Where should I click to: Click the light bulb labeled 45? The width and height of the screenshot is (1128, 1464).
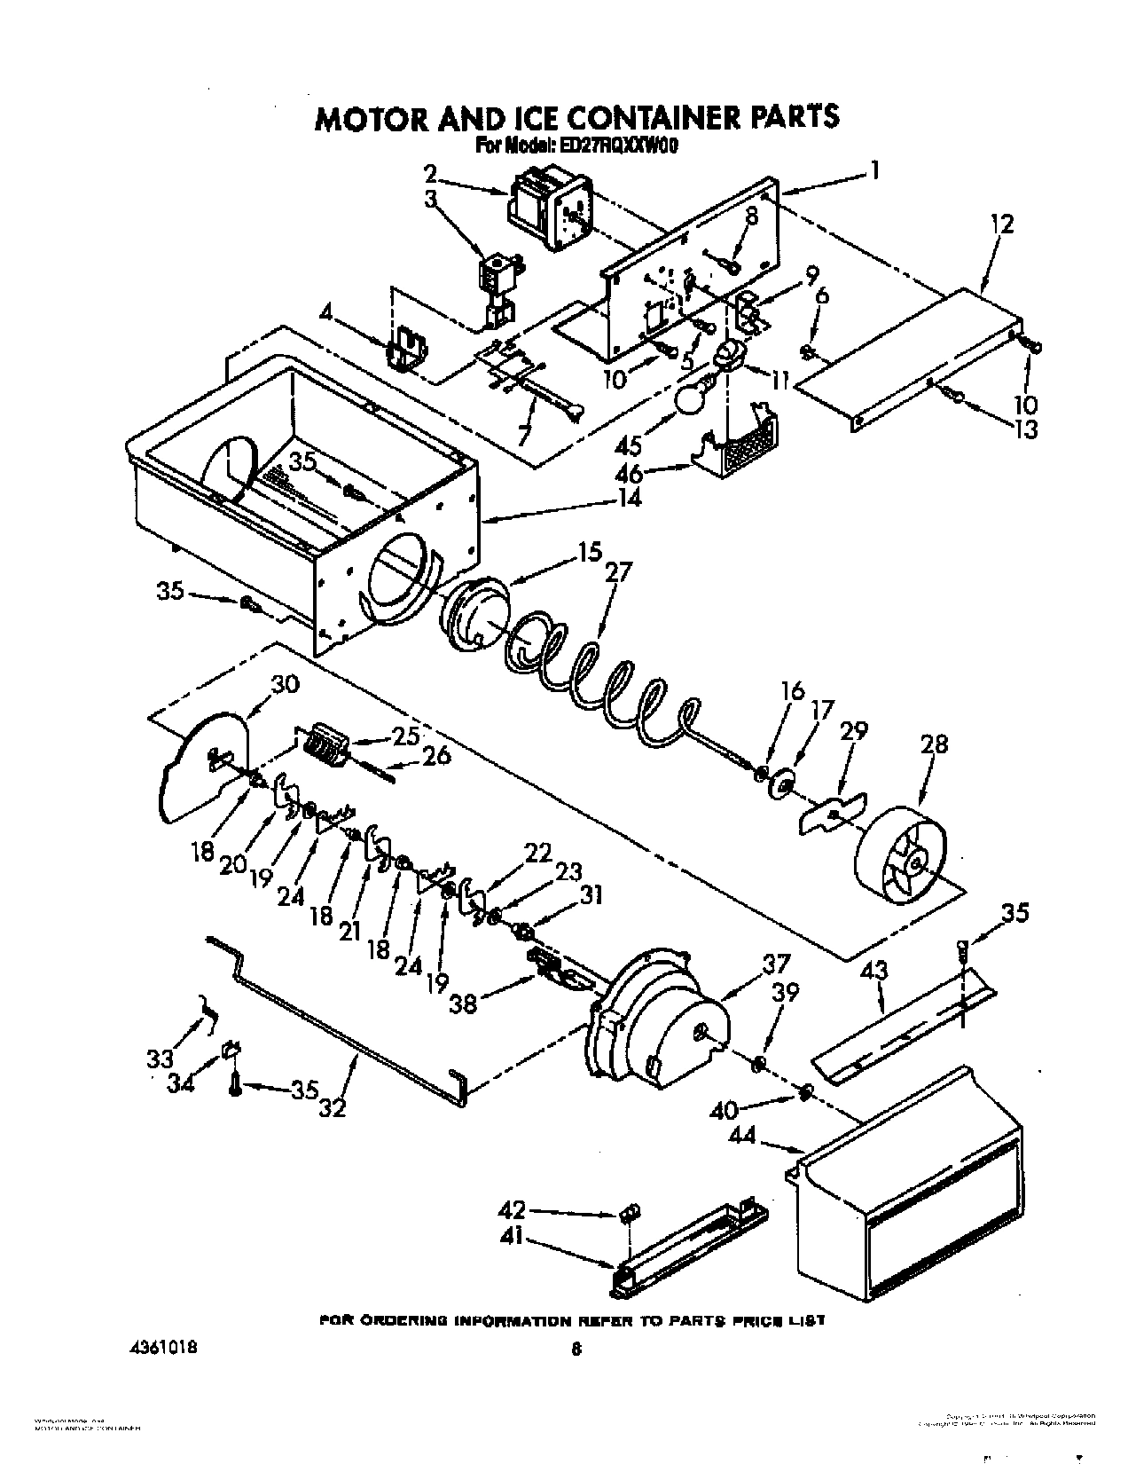(x=693, y=399)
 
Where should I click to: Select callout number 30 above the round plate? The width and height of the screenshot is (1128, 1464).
(x=286, y=684)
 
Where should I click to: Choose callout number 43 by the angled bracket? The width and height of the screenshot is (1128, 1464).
(x=873, y=972)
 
